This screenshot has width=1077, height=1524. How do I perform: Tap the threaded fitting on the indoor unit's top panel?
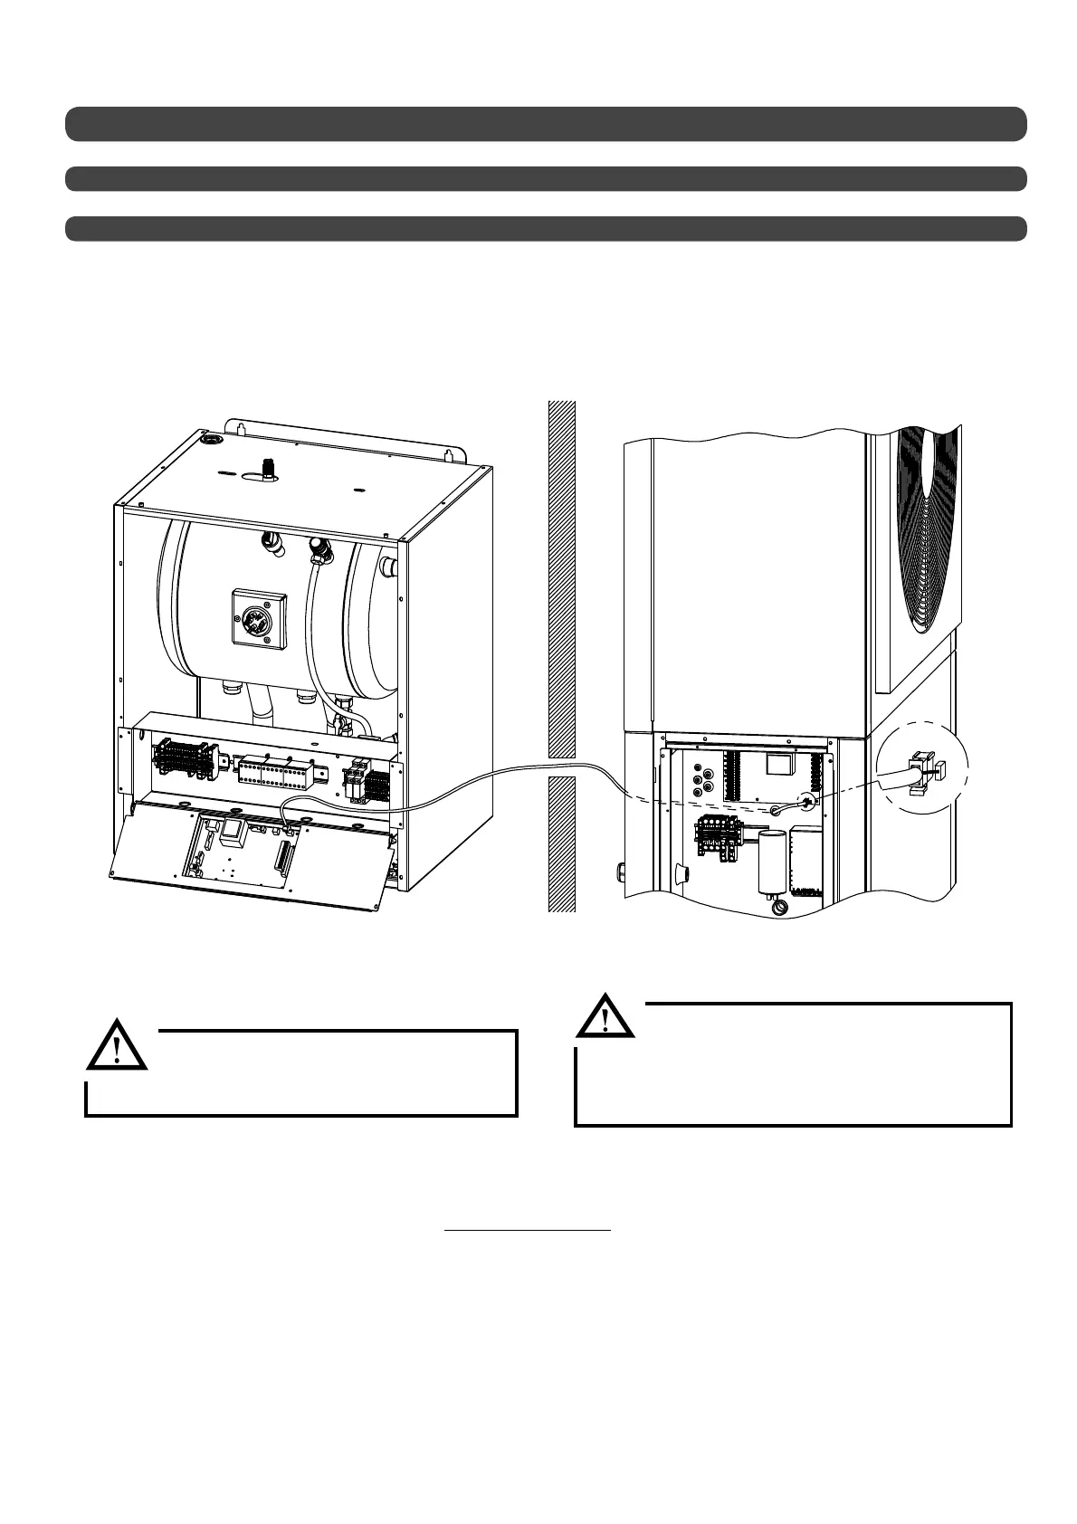click(266, 469)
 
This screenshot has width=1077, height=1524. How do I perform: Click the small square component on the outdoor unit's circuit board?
click(777, 766)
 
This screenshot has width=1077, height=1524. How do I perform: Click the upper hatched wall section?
click(562, 579)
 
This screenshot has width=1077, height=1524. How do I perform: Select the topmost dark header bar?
click(546, 124)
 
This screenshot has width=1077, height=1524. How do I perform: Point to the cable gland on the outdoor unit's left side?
click(621, 872)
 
